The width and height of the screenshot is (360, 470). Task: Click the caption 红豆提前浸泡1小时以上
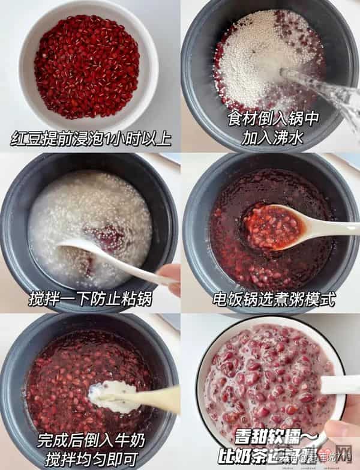91,139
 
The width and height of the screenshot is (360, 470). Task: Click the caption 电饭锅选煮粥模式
273,298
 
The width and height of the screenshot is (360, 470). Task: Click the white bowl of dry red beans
87,66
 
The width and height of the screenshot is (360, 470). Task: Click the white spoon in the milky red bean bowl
340,384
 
